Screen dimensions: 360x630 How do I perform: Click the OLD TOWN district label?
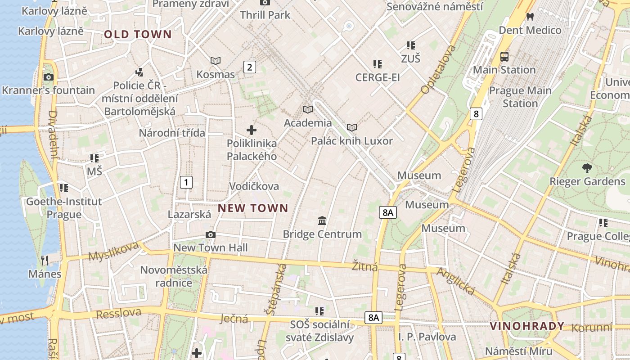coord(138,35)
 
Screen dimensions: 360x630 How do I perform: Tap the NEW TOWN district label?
coord(253,208)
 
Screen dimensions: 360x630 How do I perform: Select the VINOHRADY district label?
coord(527,326)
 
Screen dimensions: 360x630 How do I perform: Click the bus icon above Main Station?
coord(504,57)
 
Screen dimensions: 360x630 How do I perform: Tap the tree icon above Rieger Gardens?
coord(587,169)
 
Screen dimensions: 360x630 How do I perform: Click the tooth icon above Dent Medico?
coord(530,17)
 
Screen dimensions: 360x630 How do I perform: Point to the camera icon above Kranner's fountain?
coord(48,77)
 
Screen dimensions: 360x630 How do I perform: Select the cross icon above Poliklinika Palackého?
coord(252,130)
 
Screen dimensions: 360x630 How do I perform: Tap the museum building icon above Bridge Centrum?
coord(322,221)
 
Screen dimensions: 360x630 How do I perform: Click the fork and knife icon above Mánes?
coord(45,260)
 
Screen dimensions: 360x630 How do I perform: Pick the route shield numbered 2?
coord(250,67)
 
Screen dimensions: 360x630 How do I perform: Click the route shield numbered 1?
coord(186,182)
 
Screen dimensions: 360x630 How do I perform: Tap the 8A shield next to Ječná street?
coord(373,318)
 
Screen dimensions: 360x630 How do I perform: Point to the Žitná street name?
coord(365,266)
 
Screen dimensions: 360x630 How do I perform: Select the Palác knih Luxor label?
coord(352,141)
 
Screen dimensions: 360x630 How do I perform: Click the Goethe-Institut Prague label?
coord(64,208)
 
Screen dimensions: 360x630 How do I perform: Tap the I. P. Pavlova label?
coord(427,337)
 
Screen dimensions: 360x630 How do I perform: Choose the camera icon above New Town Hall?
coord(210,235)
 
